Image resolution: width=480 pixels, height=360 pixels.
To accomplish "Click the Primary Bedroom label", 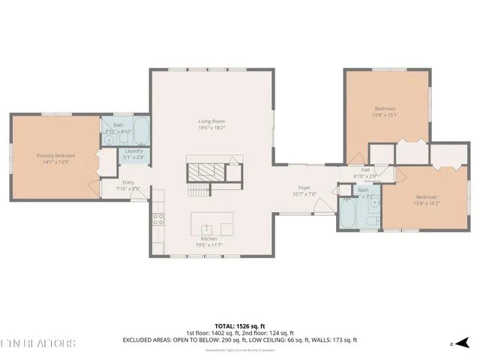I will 56,155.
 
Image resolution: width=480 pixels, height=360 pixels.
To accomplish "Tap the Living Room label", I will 211,121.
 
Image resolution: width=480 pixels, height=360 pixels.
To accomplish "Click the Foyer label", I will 304,187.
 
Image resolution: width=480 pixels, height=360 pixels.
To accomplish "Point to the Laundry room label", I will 134,151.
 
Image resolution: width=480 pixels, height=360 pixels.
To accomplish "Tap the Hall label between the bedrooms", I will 365,170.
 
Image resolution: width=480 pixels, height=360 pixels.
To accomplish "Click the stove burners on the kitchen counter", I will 158,219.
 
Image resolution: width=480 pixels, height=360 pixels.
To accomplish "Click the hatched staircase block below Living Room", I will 204,170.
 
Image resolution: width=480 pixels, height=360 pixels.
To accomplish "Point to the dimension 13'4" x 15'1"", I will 386,115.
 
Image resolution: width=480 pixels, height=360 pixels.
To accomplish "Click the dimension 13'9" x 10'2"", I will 427,203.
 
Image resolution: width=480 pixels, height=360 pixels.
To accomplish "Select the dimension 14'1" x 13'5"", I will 56,161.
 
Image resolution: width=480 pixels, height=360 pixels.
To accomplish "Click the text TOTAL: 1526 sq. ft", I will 239,325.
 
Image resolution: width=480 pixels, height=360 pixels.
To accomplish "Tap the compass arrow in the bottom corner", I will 454,343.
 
